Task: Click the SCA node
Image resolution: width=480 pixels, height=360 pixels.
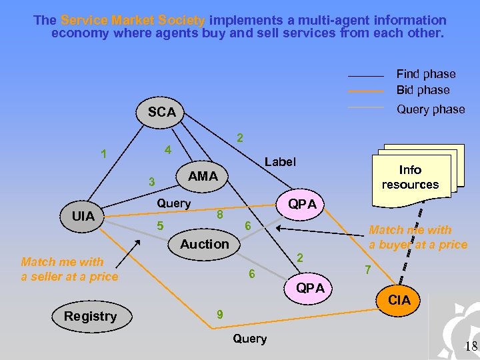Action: (x=162, y=113)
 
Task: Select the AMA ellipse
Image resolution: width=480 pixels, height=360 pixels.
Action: (x=203, y=176)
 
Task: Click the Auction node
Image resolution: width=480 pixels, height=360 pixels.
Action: (x=204, y=244)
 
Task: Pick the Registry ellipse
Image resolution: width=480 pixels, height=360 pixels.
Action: (x=90, y=316)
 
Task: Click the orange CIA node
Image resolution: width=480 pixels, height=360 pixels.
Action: (x=399, y=301)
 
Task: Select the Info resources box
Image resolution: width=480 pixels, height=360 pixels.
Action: (x=410, y=177)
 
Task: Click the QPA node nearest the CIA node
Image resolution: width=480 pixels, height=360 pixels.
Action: (x=311, y=288)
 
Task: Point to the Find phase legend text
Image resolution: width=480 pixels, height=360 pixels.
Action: (x=426, y=74)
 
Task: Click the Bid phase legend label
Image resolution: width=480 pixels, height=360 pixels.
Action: (x=423, y=90)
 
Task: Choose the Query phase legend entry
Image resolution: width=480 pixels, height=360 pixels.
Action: (x=430, y=109)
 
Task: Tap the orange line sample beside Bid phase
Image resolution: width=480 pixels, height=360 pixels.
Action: (x=366, y=91)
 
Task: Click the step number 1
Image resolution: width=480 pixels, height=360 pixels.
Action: (x=103, y=154)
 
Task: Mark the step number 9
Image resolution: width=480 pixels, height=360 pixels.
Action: (x=219, y=315)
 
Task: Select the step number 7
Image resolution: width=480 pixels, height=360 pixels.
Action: (x=367, y=270)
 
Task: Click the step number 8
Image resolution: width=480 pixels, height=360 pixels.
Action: (x=219, y=215)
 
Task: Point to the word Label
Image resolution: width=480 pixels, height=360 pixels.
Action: (x=279, y=161)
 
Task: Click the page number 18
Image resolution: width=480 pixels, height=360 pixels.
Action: (x=471, y=345)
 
